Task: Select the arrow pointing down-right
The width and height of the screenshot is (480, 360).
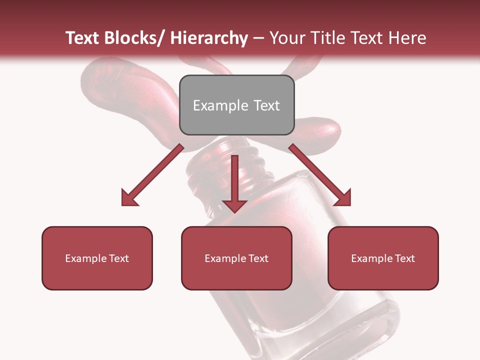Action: pyautogui.click(x=320, y=175)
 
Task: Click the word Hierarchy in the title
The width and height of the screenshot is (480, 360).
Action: pyautogui.click(x=209, y=38)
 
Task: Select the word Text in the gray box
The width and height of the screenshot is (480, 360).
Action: pyautogui.click(x=266, y=105)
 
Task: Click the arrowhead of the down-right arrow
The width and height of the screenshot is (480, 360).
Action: pyautogui.click(x=343, y=198)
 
